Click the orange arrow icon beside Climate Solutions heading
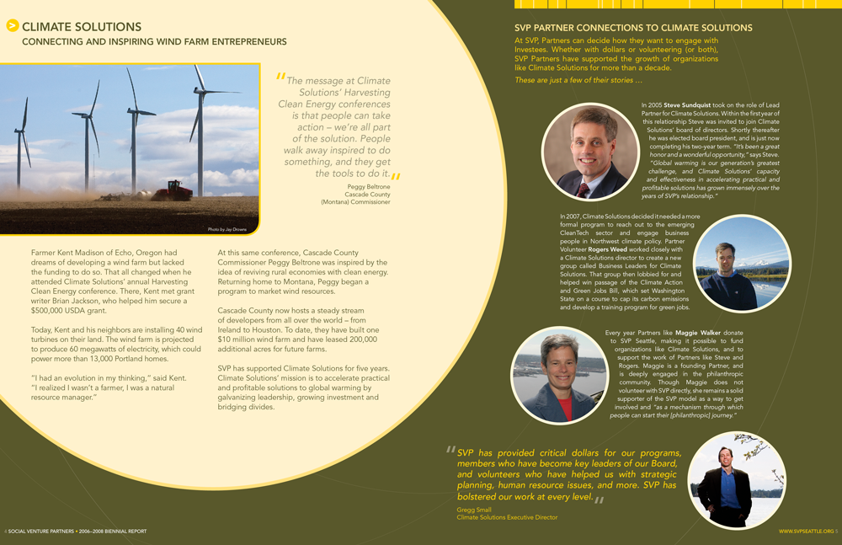(13, 26)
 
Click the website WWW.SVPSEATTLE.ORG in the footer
(806, 532)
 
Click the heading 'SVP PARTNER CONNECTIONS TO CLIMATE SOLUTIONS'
(633, 28)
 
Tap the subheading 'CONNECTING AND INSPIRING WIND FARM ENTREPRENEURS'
(154, 41)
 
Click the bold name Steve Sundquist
(688, 105)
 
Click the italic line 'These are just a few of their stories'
(578, 80)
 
